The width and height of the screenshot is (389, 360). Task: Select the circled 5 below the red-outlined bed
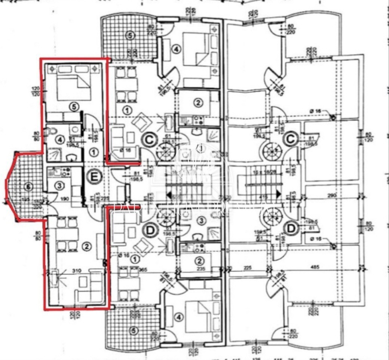tap(75, 107)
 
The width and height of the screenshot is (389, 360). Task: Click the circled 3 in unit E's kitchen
tap(59, 185)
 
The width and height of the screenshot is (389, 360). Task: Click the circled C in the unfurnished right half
tap(291, 139)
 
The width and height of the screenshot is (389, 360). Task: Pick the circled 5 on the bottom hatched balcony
tap(130, 329)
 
